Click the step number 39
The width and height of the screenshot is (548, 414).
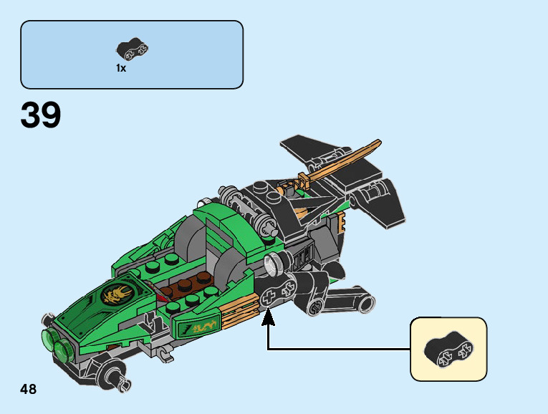[41, 115]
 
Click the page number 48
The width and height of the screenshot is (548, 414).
[29, 389]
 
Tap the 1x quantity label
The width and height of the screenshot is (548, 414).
[121, 68]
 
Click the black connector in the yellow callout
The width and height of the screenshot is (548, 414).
[448, 348]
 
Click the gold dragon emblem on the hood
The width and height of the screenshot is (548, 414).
[117, 292]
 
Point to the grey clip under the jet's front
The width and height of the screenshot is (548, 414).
[164, 350]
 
